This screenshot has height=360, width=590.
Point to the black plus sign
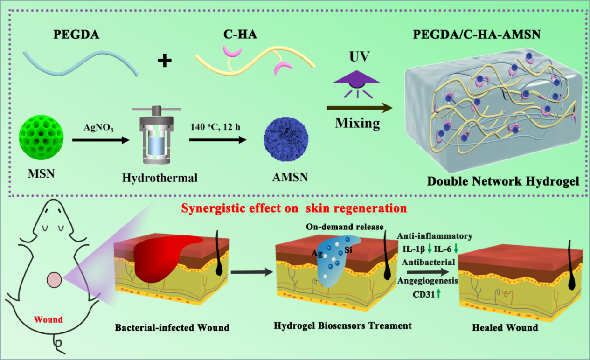click(x=164, y=61)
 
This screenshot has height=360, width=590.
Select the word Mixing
click(x=357, y=124)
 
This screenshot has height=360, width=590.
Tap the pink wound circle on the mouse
click(x=54, y=280)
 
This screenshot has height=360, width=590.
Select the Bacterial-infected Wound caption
click(x=172, y=327)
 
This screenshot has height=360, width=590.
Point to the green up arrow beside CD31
click(x=439, y=294)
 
